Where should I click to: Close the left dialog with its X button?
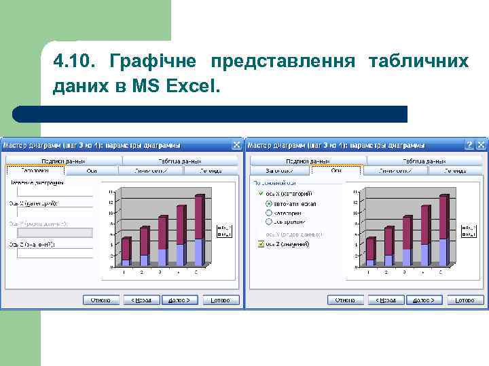click(236, 144)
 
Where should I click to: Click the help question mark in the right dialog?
click(469, 144)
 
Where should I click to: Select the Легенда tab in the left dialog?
click(211, 171)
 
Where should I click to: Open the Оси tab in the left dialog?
click(92, 171)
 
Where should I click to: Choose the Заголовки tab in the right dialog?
click(279, 171)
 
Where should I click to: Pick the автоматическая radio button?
click(269, 203)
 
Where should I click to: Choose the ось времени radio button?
click(269, 221)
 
